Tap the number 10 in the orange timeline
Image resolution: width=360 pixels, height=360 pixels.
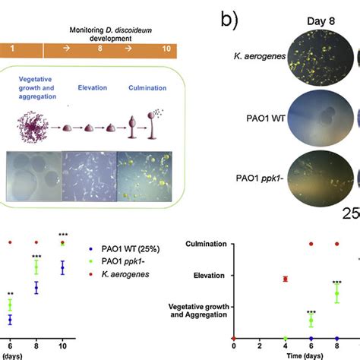click(158, 51)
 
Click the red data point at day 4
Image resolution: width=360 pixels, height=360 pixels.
click(285, 279)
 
